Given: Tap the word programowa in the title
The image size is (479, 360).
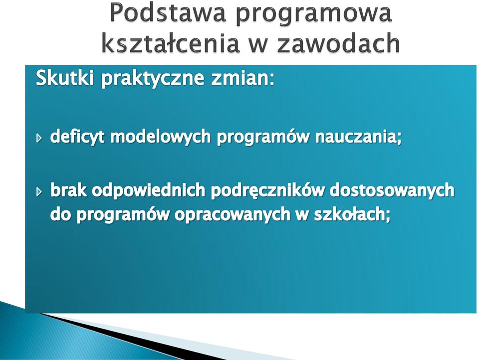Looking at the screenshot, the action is click(x=313, y=14).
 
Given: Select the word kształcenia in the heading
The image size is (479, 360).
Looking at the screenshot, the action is click(x=170, y=42).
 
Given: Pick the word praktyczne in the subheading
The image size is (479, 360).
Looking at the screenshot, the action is click(x=153, y=79).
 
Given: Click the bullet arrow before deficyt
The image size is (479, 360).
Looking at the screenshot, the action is click(x=39, y=138).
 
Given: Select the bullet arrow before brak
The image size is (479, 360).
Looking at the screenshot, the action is click(x=39, y=191).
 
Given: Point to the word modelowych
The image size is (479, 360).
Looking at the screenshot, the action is click(x=160, y=137).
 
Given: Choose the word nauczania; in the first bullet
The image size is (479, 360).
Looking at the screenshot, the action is click(x=358, y=137).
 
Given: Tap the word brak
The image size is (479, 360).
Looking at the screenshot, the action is click(x=68, y=190).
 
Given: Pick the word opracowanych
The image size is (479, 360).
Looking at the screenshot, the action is click(x=232, y=214).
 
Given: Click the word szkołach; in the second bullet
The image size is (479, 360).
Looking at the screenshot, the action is click(x=352, y=214).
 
